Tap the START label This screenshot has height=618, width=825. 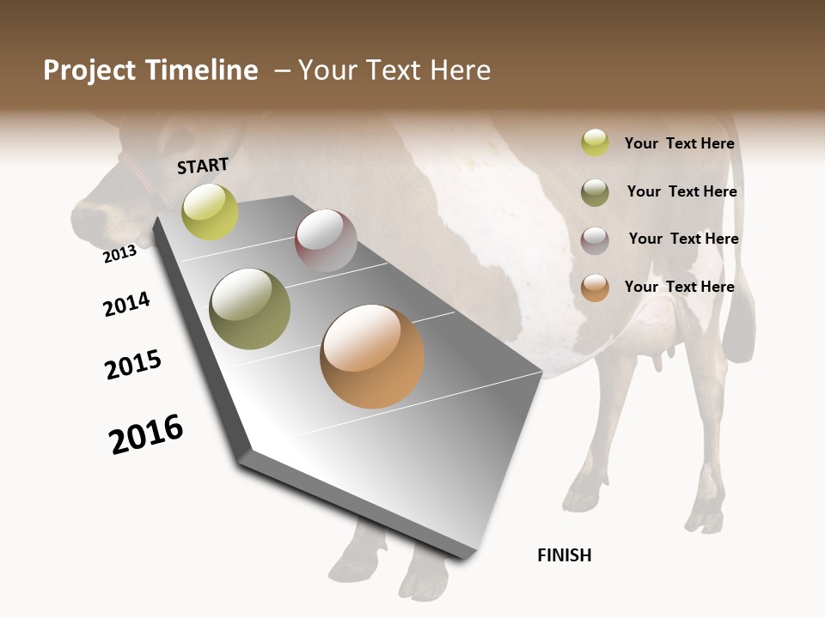(x=203, y=166)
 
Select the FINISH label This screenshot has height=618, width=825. (x=564, y=555)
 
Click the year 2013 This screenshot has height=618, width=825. (x=119, y=253)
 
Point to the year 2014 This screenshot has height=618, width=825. (x=126, y=304)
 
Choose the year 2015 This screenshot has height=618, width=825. (x=133, y=365)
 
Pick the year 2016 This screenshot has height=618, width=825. (x=146, y=434)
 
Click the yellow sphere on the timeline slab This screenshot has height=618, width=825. (x=210, y=211)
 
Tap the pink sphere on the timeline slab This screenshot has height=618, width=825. (x=326, y=240)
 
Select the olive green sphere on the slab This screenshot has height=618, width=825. (x=250, y=309)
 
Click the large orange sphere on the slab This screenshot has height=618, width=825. (x=372, y=356)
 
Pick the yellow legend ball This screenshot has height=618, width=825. (x=595, y=142)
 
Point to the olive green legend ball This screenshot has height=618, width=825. (x=595, y=192)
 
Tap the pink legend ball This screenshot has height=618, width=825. (x=595, y=240)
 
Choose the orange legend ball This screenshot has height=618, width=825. (x=595, y=288)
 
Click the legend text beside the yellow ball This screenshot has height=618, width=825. (x=679, y=143)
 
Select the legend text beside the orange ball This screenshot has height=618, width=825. (x=679, y=287)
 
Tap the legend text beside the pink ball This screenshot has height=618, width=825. (x=683, y=239)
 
